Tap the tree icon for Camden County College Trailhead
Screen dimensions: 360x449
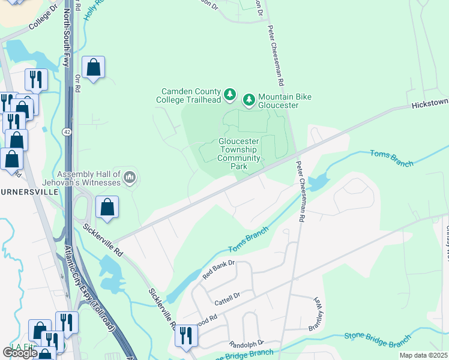(229, 94)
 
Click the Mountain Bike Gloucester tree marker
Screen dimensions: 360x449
(249, 100)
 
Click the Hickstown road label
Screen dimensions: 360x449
(429, 104)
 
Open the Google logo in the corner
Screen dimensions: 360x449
(20, 353)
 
